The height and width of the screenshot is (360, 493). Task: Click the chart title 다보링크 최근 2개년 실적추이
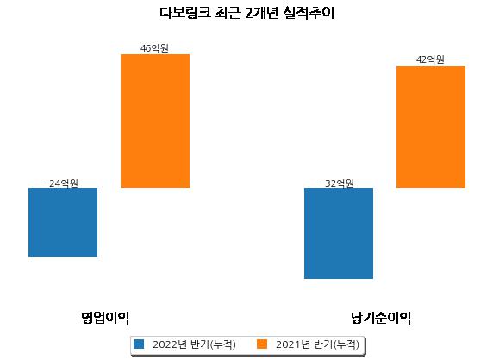pyautogui.click(x=246, y=13)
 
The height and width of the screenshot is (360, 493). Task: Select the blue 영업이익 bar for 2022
pyautogui.click(x=63, y=222)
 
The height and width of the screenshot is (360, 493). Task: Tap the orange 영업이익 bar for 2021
pyautogui.click(x=155, y=121)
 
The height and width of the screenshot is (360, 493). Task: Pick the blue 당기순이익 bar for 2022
pyautogui.click(x=339, y=233)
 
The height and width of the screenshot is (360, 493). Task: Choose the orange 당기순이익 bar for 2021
pyautogui.click(x=431, y=127)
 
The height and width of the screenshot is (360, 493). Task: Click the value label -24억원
pyautogui.click(x=62, y=183)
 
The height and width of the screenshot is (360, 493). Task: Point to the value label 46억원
pyautogui.click(x=154, y=48)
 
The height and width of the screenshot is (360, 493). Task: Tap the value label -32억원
pyautogui.click(x=338, y=183)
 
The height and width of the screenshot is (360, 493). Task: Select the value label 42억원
pyautogui.click(x=430, y=59)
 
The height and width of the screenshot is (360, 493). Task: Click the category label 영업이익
pyautogui.click(x=105, y=318)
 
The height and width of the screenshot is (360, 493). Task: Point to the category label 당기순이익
pyautogui.click(x=381, y=318)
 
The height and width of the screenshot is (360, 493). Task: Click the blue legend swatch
pyautogui.click(x=139, y=344)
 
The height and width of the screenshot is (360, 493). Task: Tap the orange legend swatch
pyautogui.click(x=262, y=344)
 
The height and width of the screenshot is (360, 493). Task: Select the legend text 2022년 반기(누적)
pyautogui.click(x=194, y=344)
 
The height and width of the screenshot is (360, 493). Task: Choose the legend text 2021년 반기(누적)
pyautogui.click(x=317, y=344)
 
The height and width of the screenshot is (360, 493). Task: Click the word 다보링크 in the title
pyautogui.click(x=184, y=13)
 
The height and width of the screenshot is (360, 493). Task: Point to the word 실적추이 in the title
pyautogui.click(x=309, y=13)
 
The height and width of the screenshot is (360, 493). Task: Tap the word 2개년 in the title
pyautogui.click(x=262, y=13)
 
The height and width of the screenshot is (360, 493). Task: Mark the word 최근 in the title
pyautogui.click(x=228, y=13)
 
